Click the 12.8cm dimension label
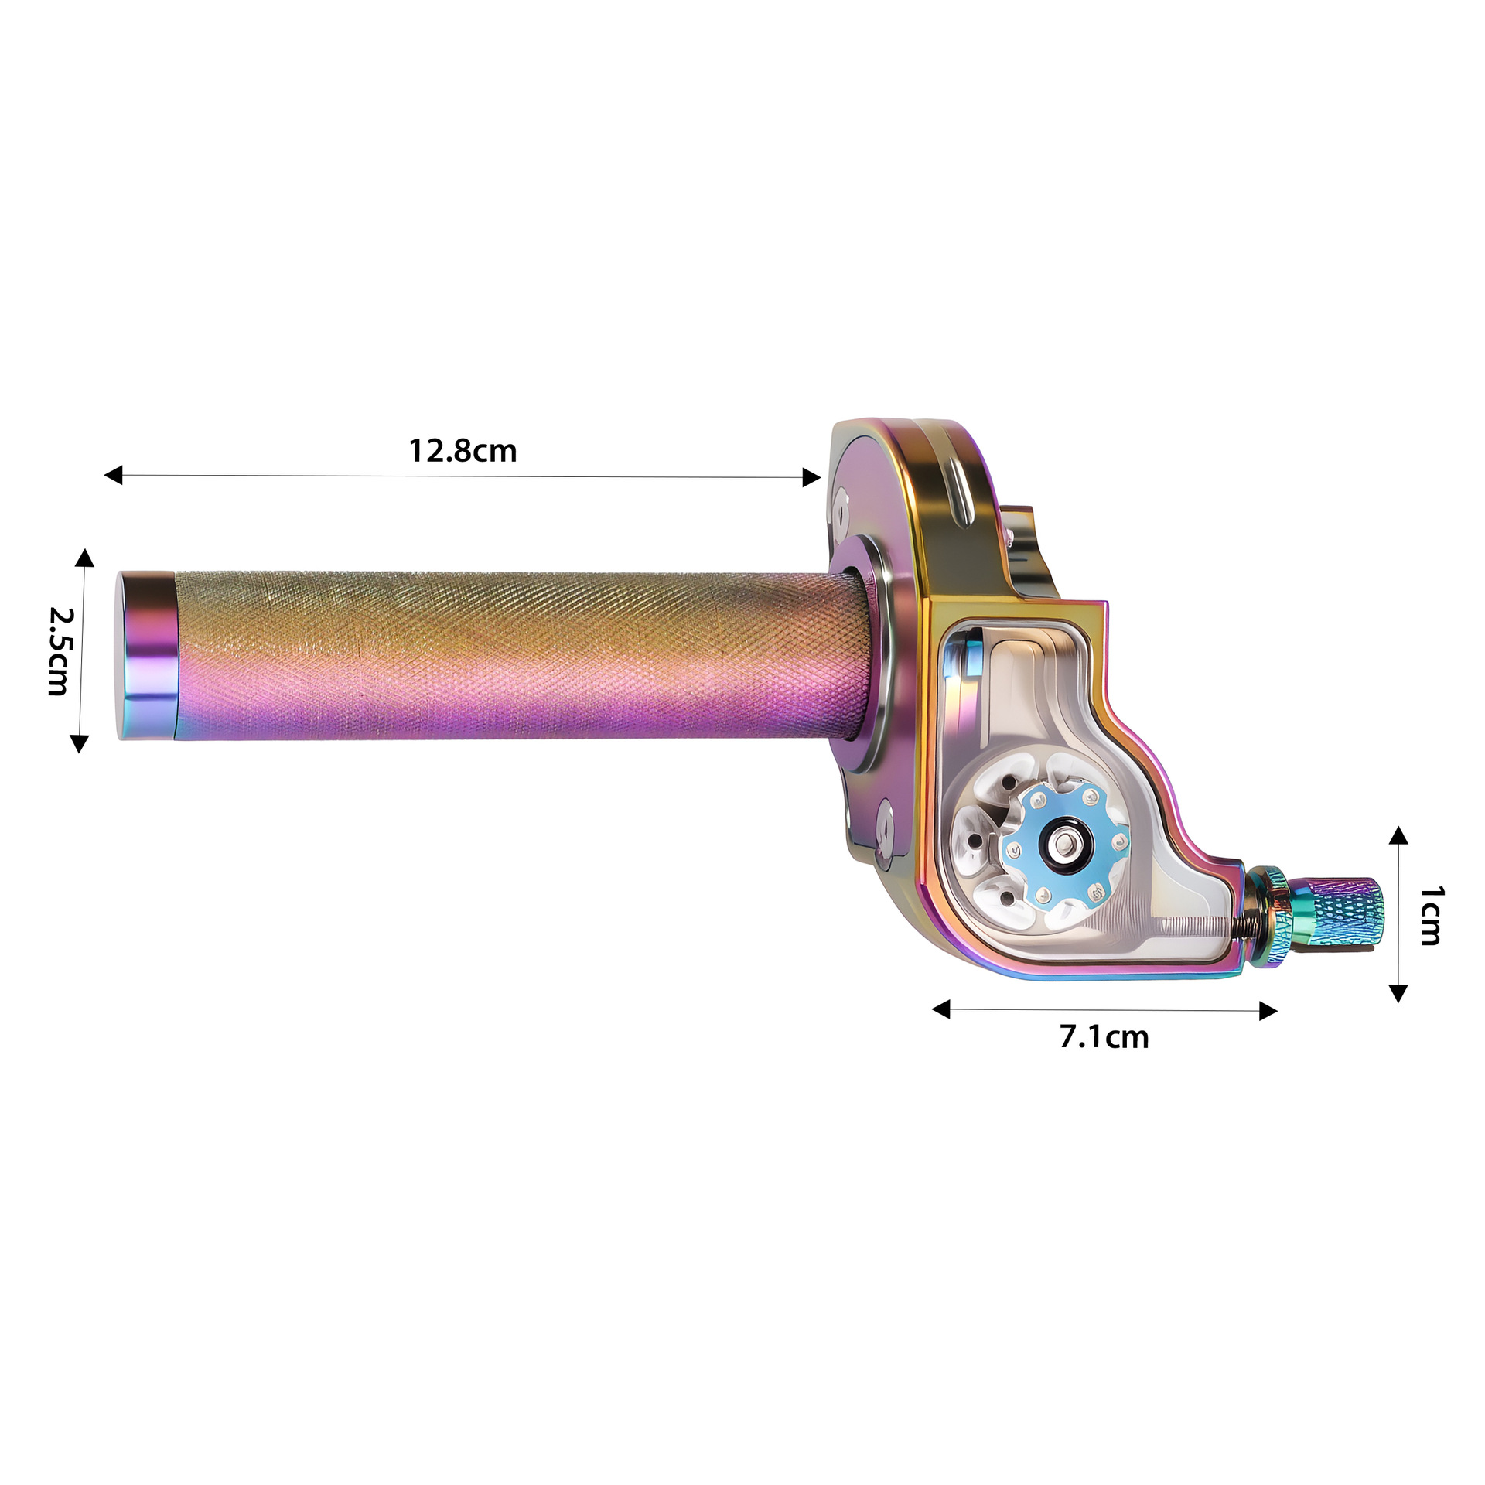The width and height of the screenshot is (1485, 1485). pyautogui.click(x=463, y=451)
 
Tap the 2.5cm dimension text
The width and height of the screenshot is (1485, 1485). pyautogui.click(x=60, y=651)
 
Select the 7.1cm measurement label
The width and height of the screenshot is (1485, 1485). pyautogui.click(x=1104, y=1037)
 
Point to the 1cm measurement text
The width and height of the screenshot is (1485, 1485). pyautogui.click(x=1430, y=916)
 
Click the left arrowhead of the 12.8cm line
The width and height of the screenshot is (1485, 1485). pyautogui.click(x=113, y=475)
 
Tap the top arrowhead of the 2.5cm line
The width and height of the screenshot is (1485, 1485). pyautogui.click(x=84, y=558)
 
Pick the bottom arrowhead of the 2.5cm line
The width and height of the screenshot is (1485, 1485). pyautogui.click(x=79, y=744)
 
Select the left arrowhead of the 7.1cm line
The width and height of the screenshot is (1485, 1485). pyautogui.click(x=940, y=1009)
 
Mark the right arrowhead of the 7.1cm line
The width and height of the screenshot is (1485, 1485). pyautogui.click(x=1268, y=1011)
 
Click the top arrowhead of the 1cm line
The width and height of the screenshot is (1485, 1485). pyautogui.click(x=1398, y=835)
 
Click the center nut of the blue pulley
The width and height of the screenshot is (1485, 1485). pyautogui.click(x=1067, y=845)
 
